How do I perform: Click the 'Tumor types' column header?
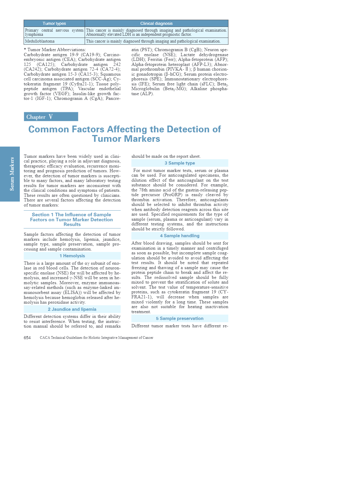pyautogui.click(x=54, y=23)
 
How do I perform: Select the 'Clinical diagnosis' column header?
pyautogui.click(x=156, y=23)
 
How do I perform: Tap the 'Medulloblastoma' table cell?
pyautogui.click(x=40, y=41)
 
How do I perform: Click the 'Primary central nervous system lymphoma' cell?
pyautogui.click(x=54, y=32)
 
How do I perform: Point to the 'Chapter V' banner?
pyautogui.click(x=51, y=117)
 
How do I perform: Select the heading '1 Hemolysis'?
pyautogui.click(x=72, y=256)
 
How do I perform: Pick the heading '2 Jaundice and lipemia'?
pyautogui.click(x=72, y=309)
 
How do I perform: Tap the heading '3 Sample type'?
pyautogui.click(x=180, y=163)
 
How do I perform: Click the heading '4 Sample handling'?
pyautogui.click(x=180, y=236)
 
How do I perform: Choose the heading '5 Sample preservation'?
pyautogui.click(x=180, y=318)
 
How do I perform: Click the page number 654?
pyautogui.click(x=27, y=338)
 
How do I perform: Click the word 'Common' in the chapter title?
pyautogui.click(x=49, y=129)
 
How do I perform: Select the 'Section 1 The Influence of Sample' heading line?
pyautogui.click(x=72, y=215)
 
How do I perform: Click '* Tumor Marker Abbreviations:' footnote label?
pyautogui.click(x=55, y=50)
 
